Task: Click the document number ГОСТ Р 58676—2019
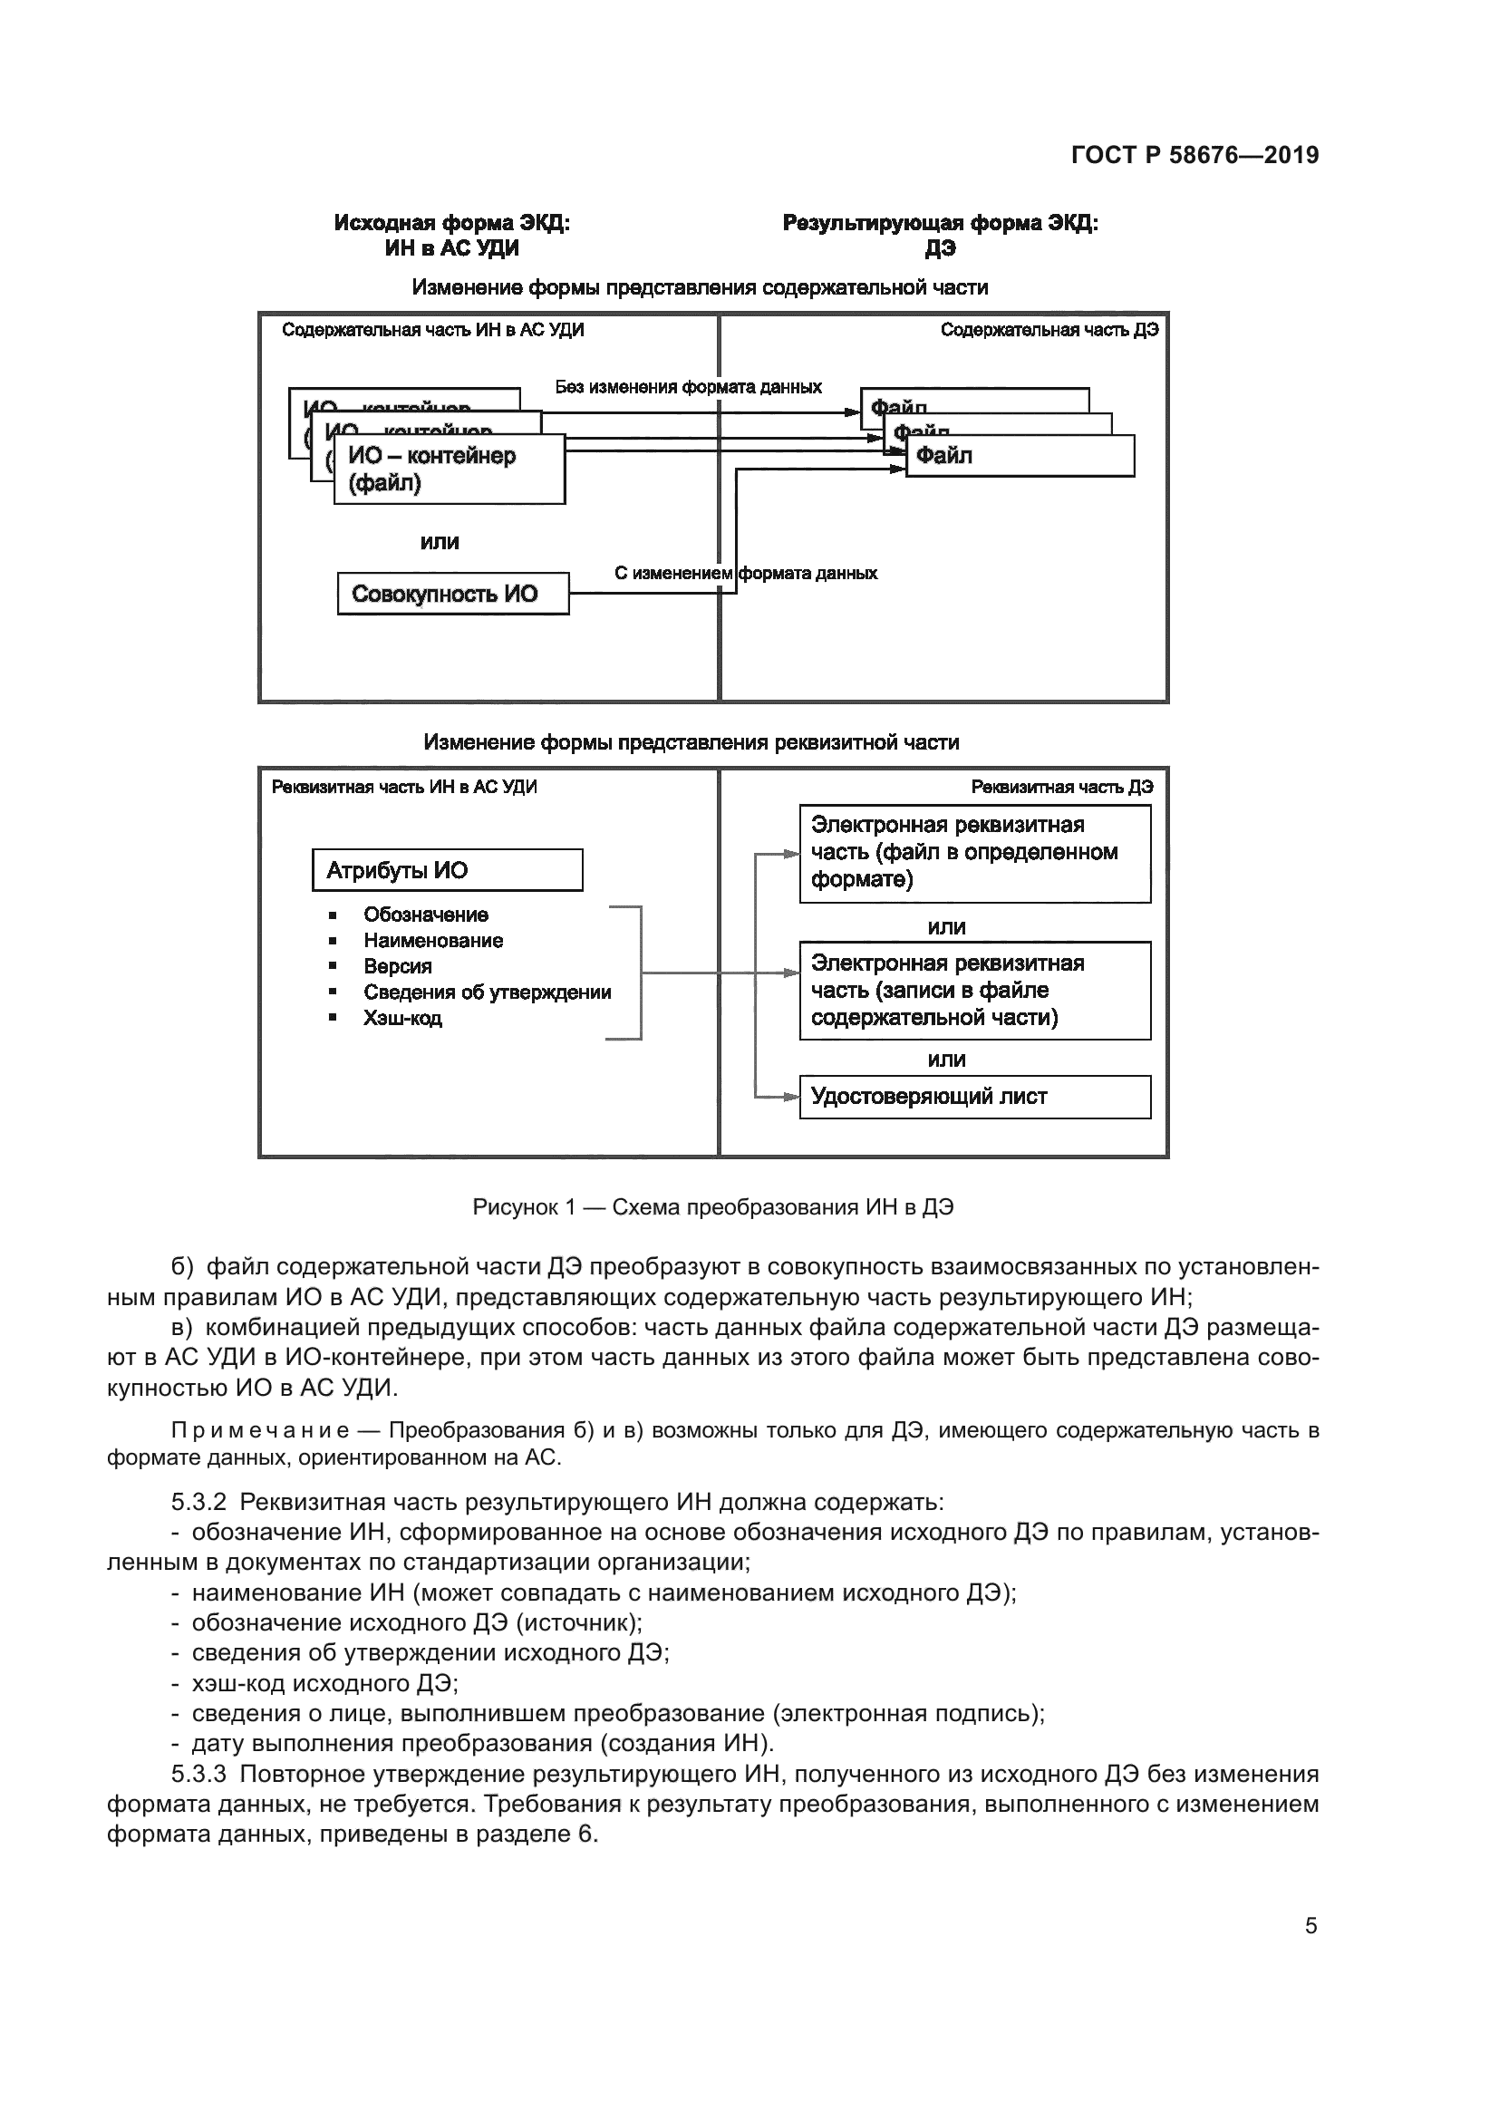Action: [1194, 155]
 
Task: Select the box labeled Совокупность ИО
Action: [452, 594]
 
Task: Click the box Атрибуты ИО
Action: [447, 870]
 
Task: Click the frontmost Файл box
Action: [1019, 456]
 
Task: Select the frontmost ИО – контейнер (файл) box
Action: [449, 470]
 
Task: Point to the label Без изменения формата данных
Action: [688, 387]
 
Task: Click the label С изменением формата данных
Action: [745, 574]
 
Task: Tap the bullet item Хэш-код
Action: [402, 1019]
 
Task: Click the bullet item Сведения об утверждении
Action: [487, 992]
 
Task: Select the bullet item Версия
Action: [397, 967]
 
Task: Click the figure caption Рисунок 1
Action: [711, 1206]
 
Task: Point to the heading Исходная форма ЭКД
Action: [451, 224]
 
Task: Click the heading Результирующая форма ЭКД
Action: [940, 224]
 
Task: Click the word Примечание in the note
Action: [259, 1431]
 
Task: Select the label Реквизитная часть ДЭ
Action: [1061, 787]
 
